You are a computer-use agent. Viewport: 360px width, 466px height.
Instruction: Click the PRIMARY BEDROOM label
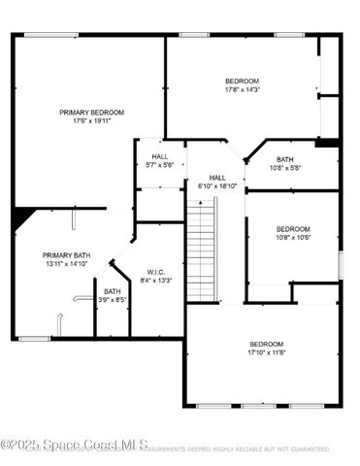pos(92,113)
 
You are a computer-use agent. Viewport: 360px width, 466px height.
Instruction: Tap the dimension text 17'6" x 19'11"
pos(92,122)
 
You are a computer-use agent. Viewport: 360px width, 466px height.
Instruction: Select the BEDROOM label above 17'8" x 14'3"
pos(242,81)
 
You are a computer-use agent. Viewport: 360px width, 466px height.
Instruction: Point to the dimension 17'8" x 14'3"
pos(242,90)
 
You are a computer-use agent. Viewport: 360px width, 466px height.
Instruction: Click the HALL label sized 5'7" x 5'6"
pos(160,156)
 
